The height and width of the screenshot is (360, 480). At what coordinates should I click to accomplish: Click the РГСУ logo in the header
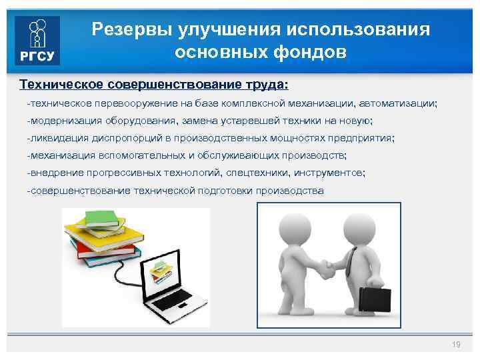pos(37,39)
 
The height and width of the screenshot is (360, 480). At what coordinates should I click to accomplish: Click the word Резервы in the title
pos(125,29)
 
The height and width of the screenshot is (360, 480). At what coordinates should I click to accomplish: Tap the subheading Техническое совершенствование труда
pos(154,85)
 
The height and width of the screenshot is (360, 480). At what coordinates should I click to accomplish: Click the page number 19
pos(456,344)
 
